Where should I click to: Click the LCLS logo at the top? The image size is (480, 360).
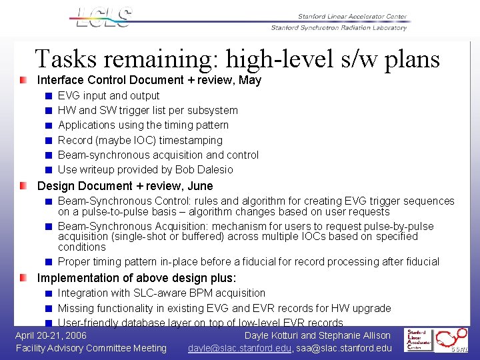pos(104,18)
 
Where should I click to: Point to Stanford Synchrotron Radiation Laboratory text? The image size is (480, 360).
pos(339,28)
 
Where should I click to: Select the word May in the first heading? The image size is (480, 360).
pos(250,81)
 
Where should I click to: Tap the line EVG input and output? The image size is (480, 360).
pos(109,96)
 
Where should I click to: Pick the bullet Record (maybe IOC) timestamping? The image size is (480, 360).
pos(140,141)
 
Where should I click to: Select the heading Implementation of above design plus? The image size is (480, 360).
pos(137,278)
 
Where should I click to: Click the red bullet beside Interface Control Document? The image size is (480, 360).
pos(24,80)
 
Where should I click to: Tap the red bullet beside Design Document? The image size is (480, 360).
pos(24,186)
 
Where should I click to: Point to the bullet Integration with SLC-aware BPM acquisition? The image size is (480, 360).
pos(161,293)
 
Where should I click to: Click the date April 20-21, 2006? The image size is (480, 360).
pos(51,335)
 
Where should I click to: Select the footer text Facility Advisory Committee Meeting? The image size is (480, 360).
pos(91,348)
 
